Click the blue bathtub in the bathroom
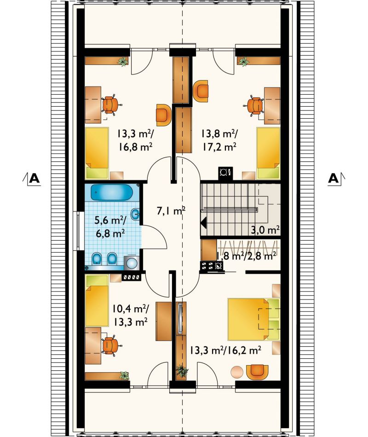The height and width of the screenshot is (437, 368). [111, 192]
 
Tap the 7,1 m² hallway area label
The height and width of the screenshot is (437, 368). [171, 211]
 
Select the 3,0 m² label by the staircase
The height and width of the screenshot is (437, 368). [265, 230]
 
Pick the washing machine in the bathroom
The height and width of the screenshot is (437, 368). [132, 263]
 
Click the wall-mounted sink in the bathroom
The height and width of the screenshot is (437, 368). [136, 214]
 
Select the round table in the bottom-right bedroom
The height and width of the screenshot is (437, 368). [237, 372]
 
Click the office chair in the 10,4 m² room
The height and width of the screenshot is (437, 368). [111, 345]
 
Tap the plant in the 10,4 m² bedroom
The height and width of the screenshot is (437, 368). [124, 376]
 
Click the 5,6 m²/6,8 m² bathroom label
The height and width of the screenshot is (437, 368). [110, 227]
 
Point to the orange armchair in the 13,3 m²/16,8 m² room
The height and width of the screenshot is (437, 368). [163, 115]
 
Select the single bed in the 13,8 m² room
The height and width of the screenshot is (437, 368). [268, 153]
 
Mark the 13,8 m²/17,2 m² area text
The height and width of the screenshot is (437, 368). [219, 140]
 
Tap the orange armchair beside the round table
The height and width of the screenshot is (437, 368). [257, 372]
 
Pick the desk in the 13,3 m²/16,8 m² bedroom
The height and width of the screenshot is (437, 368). [93, 105]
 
